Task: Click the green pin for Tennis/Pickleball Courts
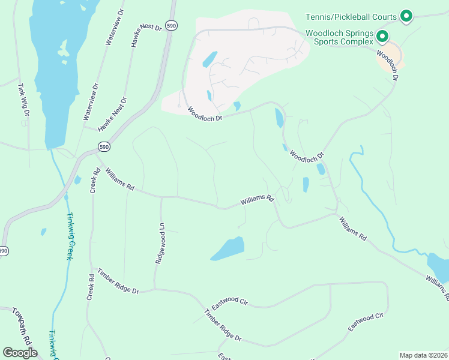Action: [406, 16]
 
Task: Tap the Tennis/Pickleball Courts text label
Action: [351, 17]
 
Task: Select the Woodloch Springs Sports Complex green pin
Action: [381, 37]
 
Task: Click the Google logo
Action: [20, 353]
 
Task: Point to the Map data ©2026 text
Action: [423, 355]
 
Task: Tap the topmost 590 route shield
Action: [172, 26]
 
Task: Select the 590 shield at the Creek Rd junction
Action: [104, 147]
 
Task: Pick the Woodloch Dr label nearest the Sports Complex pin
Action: [388, 64]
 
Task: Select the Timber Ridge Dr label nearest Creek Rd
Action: [118, 281]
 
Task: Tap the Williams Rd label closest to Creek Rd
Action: [119, 179]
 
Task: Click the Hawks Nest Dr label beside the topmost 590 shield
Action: [148, 37]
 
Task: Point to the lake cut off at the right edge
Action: [438, 267]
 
